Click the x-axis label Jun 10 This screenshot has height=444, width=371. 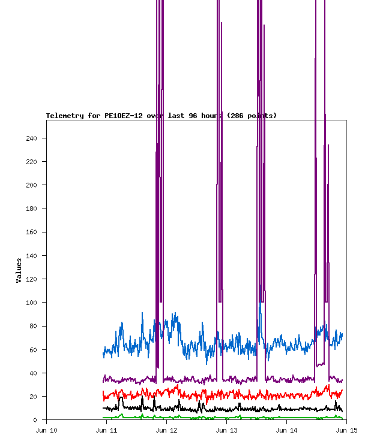(x=46, y=430)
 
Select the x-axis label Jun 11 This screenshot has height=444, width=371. (x=106, y=430)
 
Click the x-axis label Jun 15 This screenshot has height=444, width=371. (x=346, y=430)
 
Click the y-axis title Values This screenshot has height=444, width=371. (x=19, y=270)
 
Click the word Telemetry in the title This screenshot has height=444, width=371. (x=65, y=116)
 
